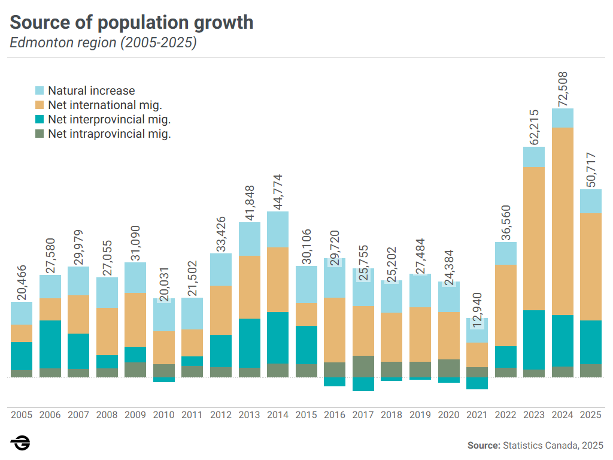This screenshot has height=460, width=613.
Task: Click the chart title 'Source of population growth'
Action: coord(132,23)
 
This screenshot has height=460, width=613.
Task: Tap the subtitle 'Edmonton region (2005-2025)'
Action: coord(103,43)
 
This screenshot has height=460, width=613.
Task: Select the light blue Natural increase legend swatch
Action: coord(40,91)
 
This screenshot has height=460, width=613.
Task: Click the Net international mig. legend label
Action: coord(105,105)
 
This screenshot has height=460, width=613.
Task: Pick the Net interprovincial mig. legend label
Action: coord(110,120)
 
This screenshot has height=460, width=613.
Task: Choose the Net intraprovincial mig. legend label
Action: coord(110,134)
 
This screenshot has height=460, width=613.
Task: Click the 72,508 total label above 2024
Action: coord(563,90)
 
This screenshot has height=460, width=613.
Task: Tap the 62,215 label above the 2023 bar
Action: coord(534,127)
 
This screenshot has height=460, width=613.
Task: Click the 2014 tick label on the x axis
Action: coord(278,414)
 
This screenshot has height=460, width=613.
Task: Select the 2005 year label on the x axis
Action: coord(22,414)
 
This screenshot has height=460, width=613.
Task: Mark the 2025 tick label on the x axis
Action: coord(591,414)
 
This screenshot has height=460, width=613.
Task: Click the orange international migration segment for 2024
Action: coord(563,221)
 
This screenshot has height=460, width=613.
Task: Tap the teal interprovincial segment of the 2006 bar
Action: coord(50,344)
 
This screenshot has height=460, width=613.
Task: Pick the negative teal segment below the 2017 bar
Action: coord(363,384)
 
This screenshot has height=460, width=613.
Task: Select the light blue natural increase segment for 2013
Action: coord(250,239)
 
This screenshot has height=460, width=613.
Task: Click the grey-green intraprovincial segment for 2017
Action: coord(363,367)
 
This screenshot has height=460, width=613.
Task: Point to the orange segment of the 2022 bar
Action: coord(506,305)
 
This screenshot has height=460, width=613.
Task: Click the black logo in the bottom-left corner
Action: coord(20,444)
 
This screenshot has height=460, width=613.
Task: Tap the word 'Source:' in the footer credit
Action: coord(484,446)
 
